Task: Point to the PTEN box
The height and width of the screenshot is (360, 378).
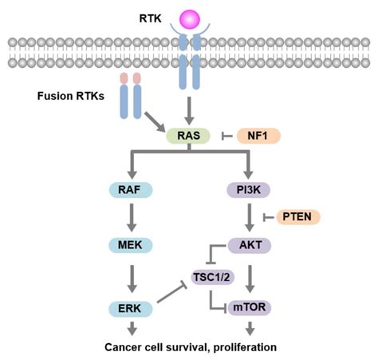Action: [x=299, y=217]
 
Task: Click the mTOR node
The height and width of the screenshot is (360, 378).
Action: [x=248, y=307]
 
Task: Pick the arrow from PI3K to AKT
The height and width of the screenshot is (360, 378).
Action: [x=248, y=216]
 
